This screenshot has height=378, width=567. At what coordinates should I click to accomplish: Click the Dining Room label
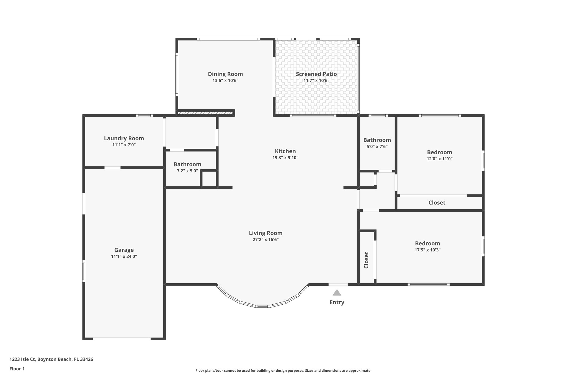click(x=225, y=74)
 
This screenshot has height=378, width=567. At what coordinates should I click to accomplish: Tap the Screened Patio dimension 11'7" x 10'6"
click(x=316, y=81)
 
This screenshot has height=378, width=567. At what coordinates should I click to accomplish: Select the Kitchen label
click(x=285, y=151)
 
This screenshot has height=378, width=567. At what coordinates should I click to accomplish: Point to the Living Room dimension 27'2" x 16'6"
click(x=266, y=240)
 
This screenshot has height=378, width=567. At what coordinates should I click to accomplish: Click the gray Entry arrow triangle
click(x=337, y=293)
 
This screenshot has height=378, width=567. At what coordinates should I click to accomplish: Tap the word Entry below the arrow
click(x=337, y=302)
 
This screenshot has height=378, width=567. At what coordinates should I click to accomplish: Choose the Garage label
click(x=124, y=250)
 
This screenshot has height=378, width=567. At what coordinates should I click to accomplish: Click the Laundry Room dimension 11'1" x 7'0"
click(x=124, y=145)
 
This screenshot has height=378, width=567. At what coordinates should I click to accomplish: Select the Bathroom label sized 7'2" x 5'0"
click(x=187, y=164)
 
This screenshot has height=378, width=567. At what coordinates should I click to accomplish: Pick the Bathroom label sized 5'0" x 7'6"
click(x=377, y=140)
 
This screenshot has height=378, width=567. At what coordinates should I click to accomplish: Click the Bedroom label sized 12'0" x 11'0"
click(x=439, y=152)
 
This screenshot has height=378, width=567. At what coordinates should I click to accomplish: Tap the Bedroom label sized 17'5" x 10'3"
click(x=427, y=243)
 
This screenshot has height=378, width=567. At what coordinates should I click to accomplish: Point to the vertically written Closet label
click(x=366, y=260)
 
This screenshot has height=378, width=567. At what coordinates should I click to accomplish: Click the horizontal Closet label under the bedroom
click(x=437, y=202)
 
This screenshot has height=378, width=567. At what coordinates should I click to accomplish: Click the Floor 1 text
click(x=17, y=369)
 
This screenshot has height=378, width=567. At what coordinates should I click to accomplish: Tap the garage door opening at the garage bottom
click(x=122, y=339)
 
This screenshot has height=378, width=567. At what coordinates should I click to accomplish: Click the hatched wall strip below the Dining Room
click(x=205, y=113)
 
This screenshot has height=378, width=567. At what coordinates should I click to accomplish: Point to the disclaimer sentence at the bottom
click(x=283, y=371)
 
